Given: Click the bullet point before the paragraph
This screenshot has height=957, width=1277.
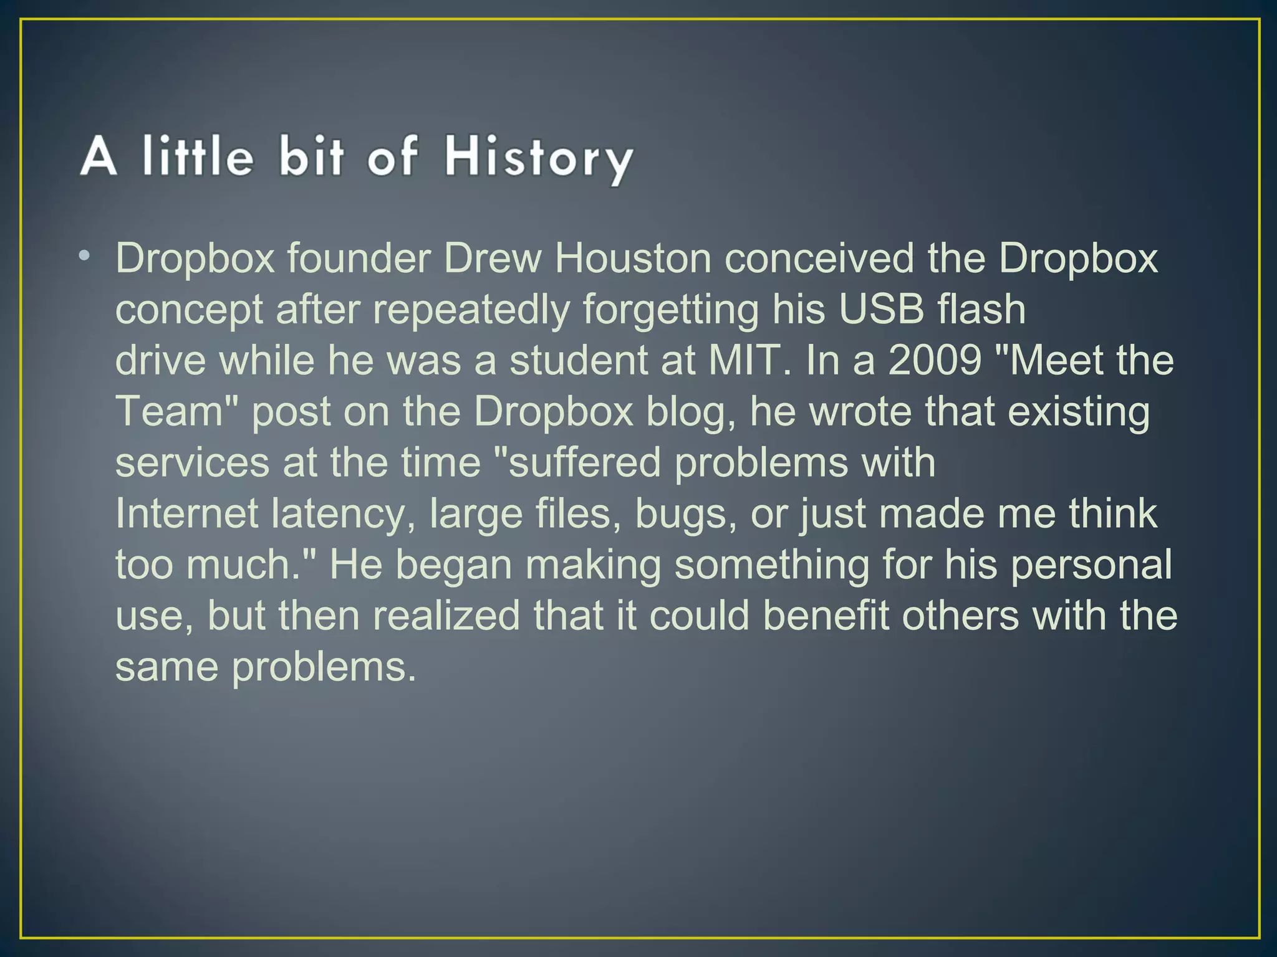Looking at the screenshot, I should tap(85, 255).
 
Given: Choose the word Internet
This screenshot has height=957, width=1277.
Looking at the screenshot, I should tap(187, 513).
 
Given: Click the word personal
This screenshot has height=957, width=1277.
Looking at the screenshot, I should tap(1091, 566).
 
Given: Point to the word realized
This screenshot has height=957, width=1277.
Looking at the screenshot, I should tap(446, 616).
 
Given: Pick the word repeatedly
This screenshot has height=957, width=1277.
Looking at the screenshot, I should tap(471, 310).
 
